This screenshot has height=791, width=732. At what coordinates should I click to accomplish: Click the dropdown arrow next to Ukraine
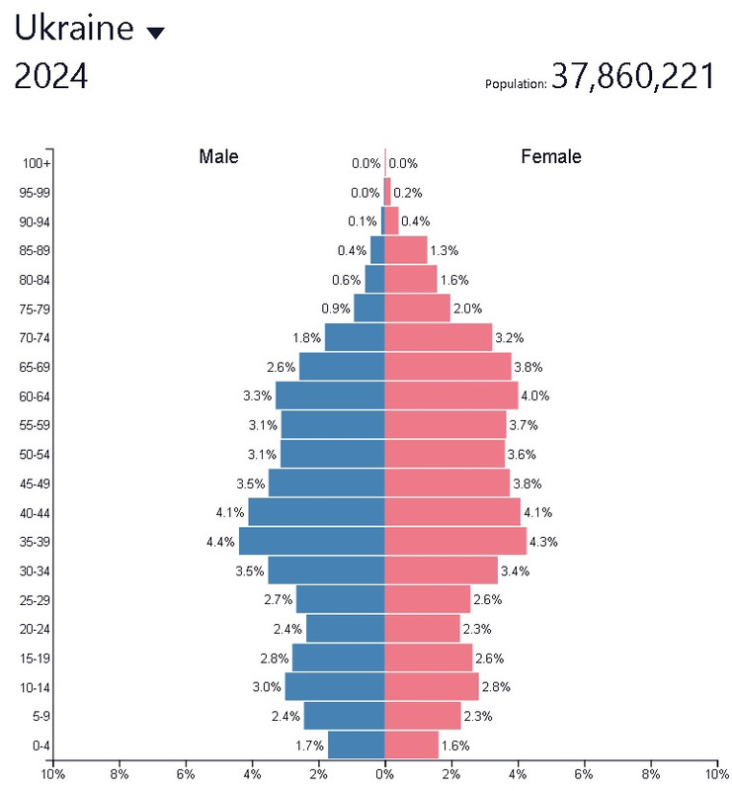pos(155,33)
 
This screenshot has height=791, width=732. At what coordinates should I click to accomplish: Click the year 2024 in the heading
pos(50,76)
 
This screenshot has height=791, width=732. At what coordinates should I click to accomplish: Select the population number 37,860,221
pos(632,76)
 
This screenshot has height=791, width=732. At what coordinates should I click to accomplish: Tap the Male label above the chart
pos(218,156)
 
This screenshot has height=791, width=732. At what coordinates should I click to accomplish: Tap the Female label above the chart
pos(551,156)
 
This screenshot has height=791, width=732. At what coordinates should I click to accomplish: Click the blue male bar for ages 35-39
pos(311,541)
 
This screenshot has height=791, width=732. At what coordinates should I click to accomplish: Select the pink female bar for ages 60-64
pos(450,395)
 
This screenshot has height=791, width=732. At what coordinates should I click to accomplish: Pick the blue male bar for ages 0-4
pos(356,746)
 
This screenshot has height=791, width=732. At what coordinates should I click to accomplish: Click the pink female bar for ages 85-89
pos(405,250)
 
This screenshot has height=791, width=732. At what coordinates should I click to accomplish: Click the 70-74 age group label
pos(35,338)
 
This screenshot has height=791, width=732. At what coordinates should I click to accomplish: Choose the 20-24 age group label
pos(35,629)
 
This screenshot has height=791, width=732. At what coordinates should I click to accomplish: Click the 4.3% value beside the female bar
pos(543,542)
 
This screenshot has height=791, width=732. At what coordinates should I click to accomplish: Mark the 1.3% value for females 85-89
pos(444,250)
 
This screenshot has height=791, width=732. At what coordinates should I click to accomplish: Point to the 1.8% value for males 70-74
pos(307,338)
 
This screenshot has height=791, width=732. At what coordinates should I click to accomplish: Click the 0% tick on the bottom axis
pos(384,774)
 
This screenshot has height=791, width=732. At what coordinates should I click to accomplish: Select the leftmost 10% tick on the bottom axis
pos(52,774)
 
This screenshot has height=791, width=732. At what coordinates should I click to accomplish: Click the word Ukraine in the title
pos(73,29)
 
